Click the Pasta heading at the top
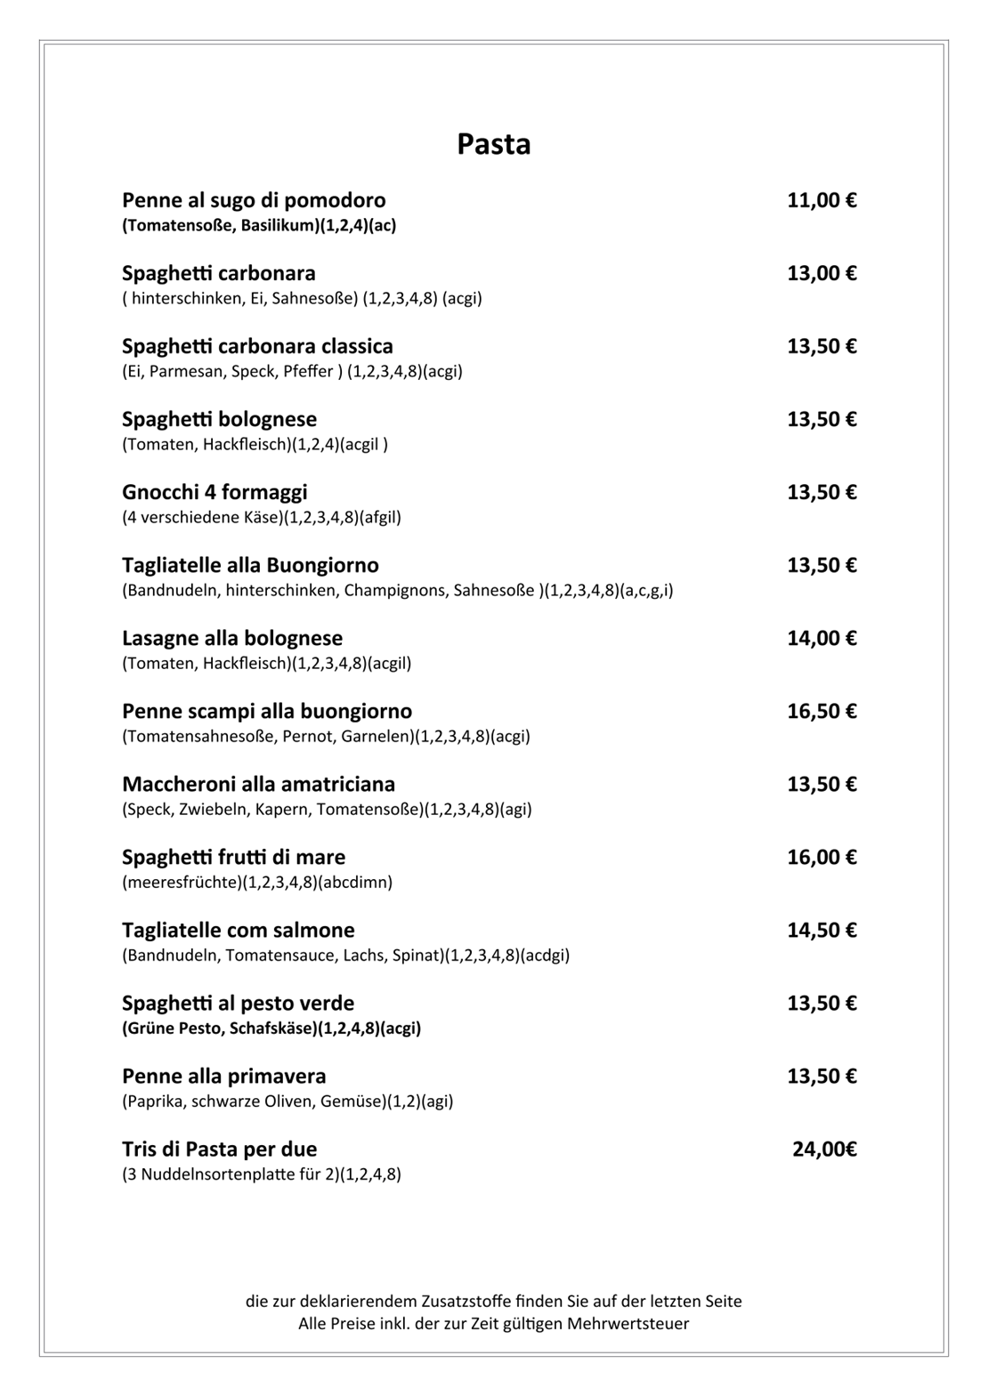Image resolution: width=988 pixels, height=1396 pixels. [x=493, y=144]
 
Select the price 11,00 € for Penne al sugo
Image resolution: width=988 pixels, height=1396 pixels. [x=821, y=200]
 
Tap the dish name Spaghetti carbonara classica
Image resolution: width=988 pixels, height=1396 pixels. [x=257, y=346]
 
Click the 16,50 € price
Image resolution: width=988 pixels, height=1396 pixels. [x=821, y=711]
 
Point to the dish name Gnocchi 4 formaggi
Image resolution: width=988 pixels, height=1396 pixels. [x=215, y=492]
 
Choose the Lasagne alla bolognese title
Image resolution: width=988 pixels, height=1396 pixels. [x=232, y=638]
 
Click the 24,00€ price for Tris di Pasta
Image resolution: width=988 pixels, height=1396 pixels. [x=824, y=1149]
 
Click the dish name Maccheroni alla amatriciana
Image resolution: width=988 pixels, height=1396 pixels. [x=258, y=784]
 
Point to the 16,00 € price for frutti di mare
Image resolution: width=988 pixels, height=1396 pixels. [x=821, y=857]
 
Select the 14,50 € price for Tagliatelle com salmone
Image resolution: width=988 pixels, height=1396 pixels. [x=821, y=930]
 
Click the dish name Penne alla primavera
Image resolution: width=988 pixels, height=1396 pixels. [x=223, y=1076]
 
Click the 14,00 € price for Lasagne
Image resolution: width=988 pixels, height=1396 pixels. [x=821, y=638]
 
